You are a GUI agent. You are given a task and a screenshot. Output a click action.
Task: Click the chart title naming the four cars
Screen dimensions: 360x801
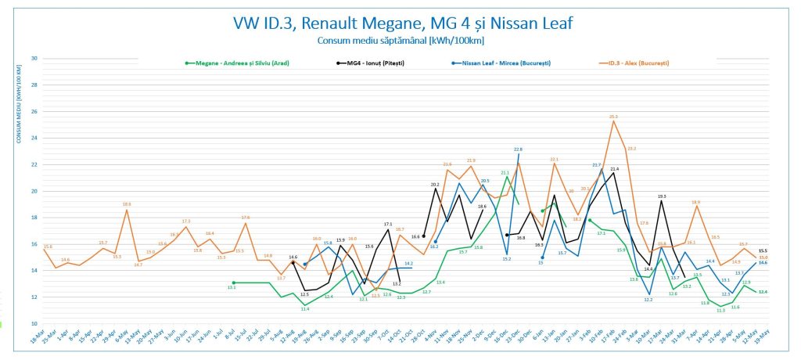pyautogui.click(x=402, y=23)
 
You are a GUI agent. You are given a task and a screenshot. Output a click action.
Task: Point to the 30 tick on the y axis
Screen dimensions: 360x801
pyautogui.click(x=34, y=59)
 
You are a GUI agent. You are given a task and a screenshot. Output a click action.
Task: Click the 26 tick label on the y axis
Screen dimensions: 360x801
pyautogui.click(x=34, y=112)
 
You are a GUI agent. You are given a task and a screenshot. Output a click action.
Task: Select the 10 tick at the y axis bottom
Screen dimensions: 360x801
pyautogui.click(x=34, y=323)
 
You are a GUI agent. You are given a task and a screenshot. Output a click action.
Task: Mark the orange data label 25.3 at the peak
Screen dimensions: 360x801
pyautogui.click(x=614, y=117)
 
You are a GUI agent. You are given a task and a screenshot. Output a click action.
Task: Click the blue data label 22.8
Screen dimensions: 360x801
pyautogui.click(x=518, y=149)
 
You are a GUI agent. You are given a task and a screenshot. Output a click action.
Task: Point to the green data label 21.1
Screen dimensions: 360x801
pyautogui.click(x=505, y=172)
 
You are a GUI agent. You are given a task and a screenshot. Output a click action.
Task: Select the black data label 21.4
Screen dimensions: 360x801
pyautogui.click(x=614, y=168)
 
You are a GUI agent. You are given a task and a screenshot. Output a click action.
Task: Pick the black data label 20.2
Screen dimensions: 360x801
pyautogui.click(x=435, y=185)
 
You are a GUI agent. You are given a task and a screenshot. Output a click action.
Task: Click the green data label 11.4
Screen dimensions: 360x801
pyautogui.click(x=305, y=309)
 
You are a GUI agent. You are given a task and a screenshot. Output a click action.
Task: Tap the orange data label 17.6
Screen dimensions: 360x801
pyautogui.click(x=246, y=218)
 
